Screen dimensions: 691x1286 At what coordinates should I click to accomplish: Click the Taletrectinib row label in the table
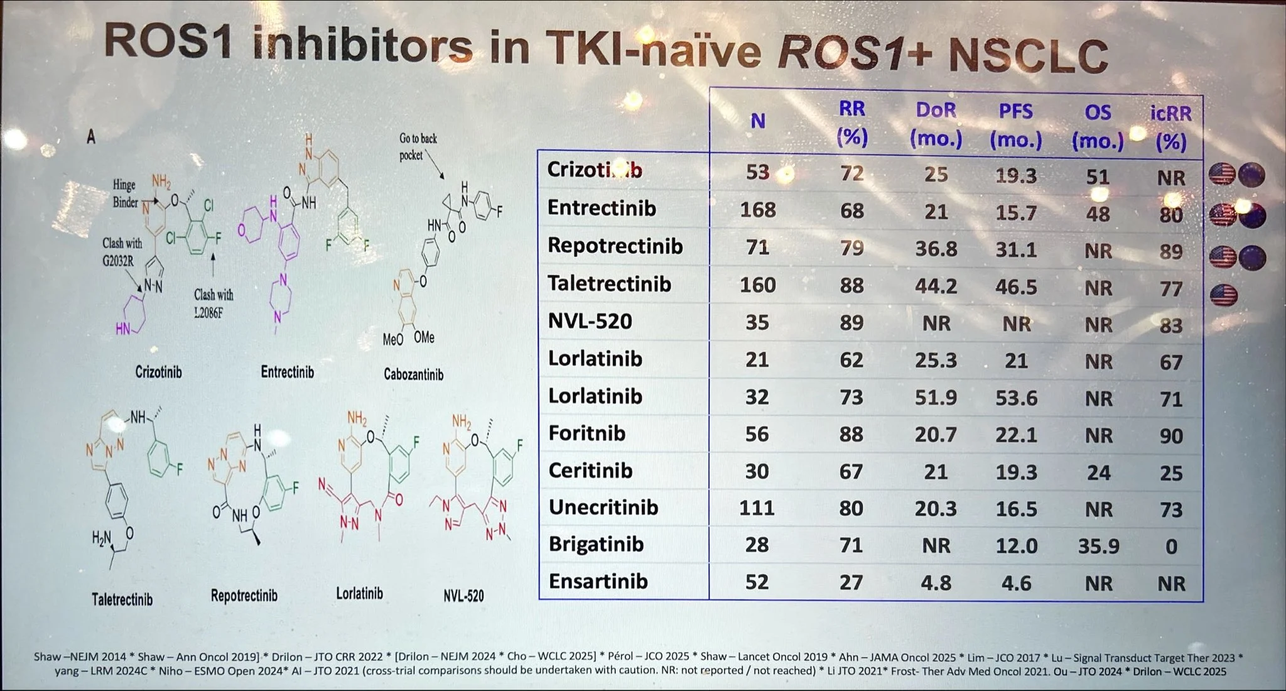coord(609,284)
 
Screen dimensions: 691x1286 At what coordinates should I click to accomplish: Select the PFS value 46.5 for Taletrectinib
coord(1016,286)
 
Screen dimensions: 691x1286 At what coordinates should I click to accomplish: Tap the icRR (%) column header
coord(1170,128)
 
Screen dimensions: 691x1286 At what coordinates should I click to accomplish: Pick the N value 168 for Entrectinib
coord(757,210)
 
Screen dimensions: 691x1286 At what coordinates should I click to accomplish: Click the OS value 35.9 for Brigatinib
coord(1098,546)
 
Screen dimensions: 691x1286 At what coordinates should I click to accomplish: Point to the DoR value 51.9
coord(936,398)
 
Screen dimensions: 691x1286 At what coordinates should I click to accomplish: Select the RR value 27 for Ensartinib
coord(851,582)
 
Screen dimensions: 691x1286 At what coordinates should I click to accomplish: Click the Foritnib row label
coord(586,433)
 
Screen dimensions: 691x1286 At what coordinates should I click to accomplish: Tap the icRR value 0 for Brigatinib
coord(1171,547)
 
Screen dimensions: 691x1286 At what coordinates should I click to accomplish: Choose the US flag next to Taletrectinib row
coord(1223,295)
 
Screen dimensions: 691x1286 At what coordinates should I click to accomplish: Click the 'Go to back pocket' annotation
coord(418,146)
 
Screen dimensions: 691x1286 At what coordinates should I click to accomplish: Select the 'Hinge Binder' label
coord(125,193)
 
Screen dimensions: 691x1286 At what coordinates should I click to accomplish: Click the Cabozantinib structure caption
coord(413,375)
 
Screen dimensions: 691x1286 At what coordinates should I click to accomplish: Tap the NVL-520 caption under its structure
coord(463,596)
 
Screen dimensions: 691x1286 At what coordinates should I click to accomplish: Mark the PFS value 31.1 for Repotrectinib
coord(1016,249)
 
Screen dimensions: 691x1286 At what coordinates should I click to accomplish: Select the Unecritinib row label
coord(603,508)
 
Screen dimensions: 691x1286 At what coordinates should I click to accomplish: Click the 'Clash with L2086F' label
coord(213,303)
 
